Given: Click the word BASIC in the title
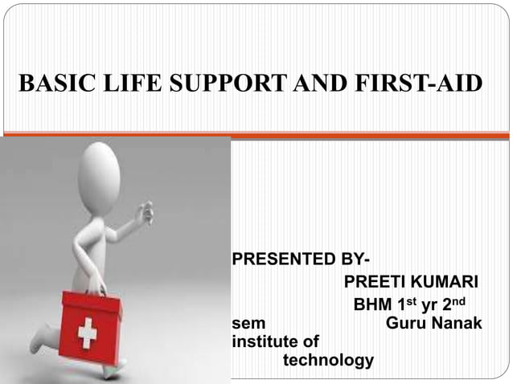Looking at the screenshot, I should click(x=51, y=84).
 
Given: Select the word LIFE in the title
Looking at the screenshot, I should click(x=121, y=84).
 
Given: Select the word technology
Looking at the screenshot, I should click(x=328, y=360).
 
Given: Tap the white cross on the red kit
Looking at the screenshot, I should click(x=87, y=332).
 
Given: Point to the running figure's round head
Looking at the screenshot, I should click(x=100, y=172).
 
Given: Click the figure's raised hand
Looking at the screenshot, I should click(x=146, y=212).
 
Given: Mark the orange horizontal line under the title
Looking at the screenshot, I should click(x=256, y=135).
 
